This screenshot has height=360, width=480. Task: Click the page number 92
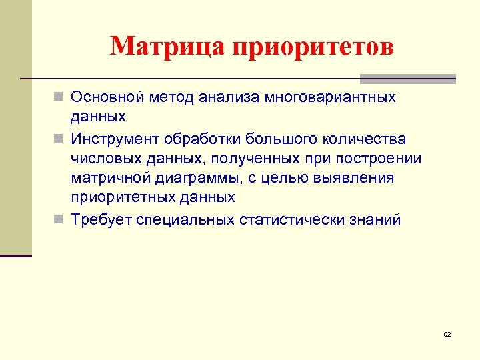pos(447,333)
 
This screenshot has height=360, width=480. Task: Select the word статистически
pos(289,219)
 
